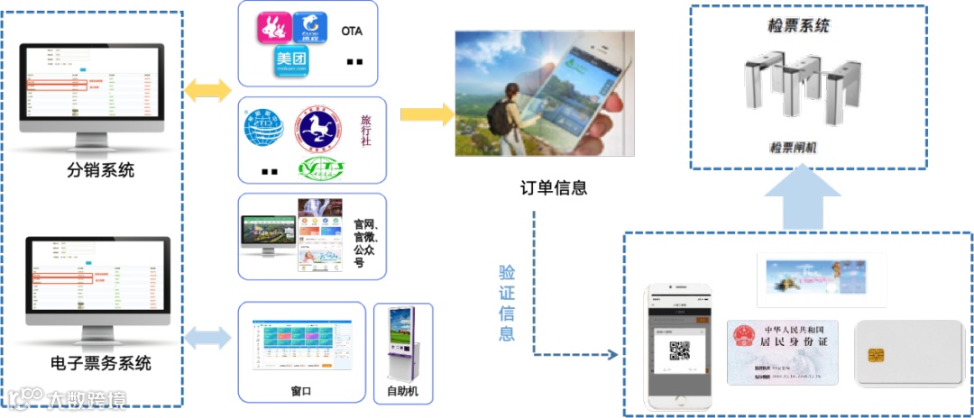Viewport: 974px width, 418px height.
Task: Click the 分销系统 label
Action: pos(100,169)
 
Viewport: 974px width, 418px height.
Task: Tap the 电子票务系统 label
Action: pos(101,364)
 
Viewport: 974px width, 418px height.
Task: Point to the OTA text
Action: pos(353,32)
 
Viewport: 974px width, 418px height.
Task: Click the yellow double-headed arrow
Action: pos(207,91)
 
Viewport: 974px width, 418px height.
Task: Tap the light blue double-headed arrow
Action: pos(207,338)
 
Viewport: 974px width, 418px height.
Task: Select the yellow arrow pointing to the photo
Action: pos(427,114)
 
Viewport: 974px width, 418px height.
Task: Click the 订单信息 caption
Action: pos(555,188)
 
